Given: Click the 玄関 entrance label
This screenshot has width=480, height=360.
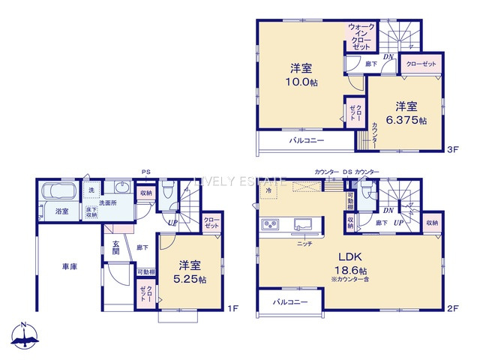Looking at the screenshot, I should point(117,248).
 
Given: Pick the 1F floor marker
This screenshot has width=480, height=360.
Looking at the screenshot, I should point(232,308).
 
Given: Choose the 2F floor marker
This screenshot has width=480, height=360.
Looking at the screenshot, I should point(451,308).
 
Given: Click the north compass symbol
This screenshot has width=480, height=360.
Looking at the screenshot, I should point(24,335).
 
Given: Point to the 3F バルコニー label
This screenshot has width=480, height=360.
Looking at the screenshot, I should point(307,141).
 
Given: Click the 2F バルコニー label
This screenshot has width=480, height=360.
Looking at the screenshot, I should point(288,301).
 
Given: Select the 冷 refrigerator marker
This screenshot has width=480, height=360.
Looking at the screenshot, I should point(268,191).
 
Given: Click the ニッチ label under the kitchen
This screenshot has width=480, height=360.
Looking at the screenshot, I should point(304,244).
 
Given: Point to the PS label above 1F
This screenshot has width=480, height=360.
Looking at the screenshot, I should point(145,172).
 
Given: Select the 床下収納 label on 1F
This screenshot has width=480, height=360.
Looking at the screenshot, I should point(91,211).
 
